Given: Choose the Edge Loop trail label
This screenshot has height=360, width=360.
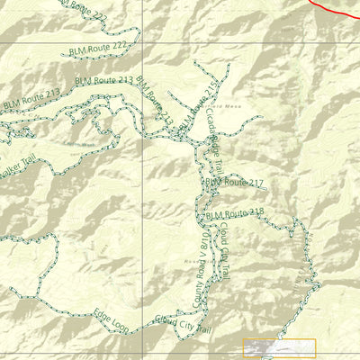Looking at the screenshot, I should coord(111,318).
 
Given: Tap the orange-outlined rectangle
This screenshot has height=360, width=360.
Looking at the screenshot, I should coord(279,348).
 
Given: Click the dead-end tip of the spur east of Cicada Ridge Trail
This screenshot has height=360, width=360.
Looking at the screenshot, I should coord(261,117).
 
